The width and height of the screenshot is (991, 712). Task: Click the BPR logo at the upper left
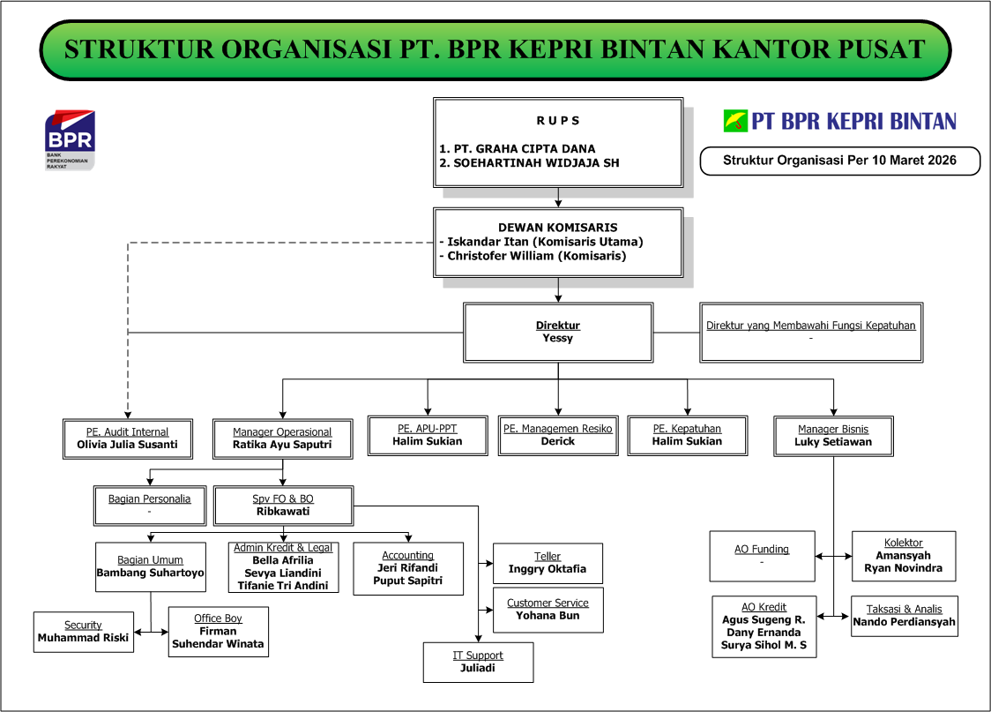click(x=70, y=139)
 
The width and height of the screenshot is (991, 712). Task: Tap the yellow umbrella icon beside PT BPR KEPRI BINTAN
click(x=735, y=121)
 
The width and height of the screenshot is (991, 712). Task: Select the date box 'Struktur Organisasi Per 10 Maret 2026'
click(x=839, y=161)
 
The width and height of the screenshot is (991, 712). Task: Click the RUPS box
click(x=558, y=142)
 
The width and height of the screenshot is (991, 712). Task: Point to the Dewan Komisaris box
click(x=558, y=242)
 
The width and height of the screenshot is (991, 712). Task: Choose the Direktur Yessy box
click(x=558, y=332)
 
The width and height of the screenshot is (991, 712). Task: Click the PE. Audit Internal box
click(x=127, y=438)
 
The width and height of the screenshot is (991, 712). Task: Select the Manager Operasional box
click(x=282, y=438)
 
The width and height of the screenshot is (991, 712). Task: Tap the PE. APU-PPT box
click(x=428, y=435)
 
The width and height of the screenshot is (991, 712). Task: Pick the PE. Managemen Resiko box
click(x=558, y=435)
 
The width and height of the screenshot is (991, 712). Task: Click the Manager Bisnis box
click(x=833, y=436)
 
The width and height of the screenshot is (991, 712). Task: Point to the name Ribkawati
click(x=283, y=512)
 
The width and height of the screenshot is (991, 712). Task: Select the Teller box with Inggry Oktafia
click(x=548, y=563)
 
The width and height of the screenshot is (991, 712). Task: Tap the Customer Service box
click(x=548, y=610)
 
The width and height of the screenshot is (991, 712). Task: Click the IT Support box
click(x=478, y=662)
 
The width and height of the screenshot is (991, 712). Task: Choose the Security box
click(x=84, y=632)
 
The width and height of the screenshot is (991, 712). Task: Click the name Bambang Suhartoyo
click(x=151, y=573)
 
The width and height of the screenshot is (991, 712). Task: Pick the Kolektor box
click(x=903, y=556)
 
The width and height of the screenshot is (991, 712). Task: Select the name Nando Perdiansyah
click(x=904, y=621)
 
